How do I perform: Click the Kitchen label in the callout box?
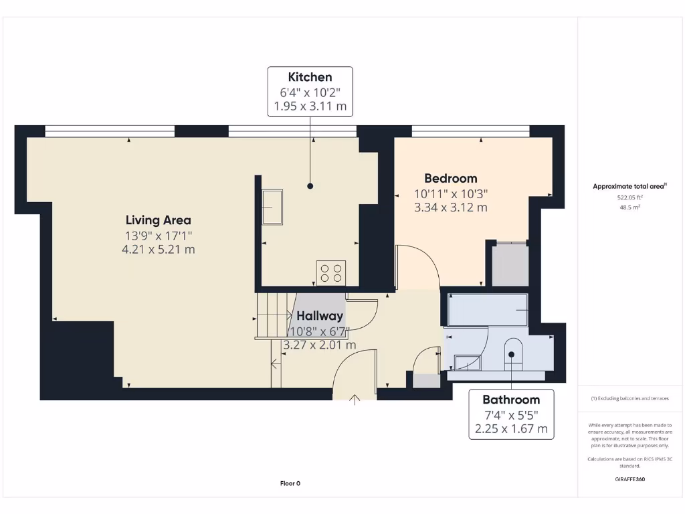coord(310,77)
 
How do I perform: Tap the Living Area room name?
coord(159,220)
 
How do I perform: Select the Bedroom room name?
coord(451,179)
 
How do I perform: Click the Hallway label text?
coord(320,316)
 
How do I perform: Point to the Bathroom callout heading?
coord(511,400)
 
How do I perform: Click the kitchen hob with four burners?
coord(330,272)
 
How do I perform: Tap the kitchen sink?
coord(272,207)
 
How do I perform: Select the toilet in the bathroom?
coord(512,352)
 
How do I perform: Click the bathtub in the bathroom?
coord(488,309)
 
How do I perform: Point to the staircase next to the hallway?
coord(273,315)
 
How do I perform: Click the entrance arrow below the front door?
coord(355,400)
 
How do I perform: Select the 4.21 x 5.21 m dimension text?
coord(159,250)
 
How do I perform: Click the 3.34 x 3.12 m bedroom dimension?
coord(451,207)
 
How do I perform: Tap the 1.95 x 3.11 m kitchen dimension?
coord(310,106)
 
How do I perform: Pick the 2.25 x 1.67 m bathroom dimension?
coord(511,428)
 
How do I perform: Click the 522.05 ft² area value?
coord(629,198)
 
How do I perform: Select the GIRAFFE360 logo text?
coord(629,479)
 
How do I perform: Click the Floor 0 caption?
coord(290,483)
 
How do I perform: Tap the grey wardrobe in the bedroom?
coord(510,266)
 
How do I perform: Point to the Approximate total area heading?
coord(629,187)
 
